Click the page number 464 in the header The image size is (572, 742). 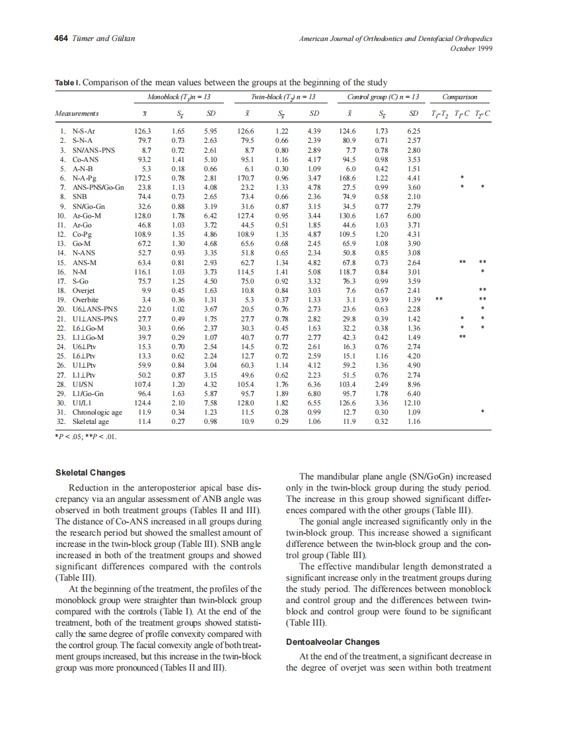61,38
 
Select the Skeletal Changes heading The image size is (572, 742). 90,472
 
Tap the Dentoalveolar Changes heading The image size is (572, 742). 333,641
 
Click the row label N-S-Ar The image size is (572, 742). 86,131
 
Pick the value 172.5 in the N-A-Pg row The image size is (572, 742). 143,178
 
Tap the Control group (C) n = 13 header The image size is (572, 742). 382,97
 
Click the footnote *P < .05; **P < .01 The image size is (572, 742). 85,436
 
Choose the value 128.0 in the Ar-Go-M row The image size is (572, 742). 143,216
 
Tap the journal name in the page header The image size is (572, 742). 396,38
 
